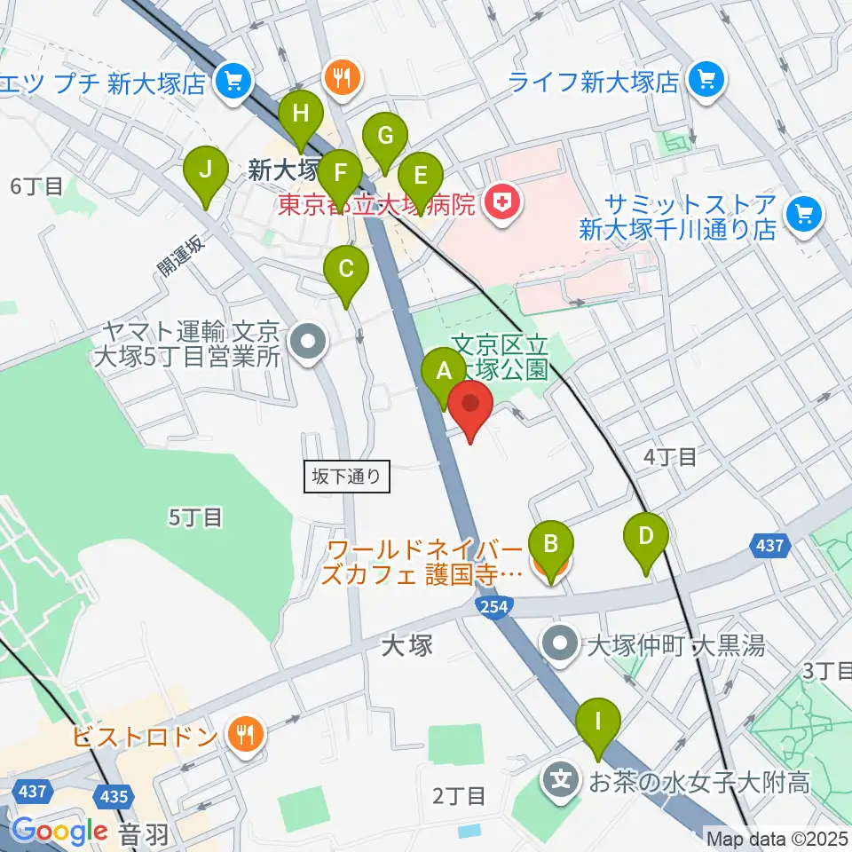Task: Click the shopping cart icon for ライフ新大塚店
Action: [707, 82]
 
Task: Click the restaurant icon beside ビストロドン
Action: [241, 734]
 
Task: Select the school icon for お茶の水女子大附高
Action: [561, 782]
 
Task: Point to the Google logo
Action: [59, 831]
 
